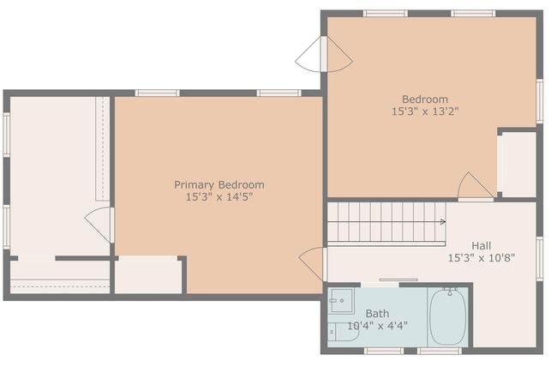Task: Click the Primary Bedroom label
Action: tap(219, 185)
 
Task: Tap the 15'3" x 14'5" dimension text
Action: tap(219, 197)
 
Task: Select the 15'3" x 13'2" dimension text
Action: tap(425, 111)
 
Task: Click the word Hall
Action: tap(482, 245)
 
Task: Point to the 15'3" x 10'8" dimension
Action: tap(481, 258)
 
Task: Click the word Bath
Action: tap(377, 314)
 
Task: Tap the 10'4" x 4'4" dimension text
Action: tap(377, 326)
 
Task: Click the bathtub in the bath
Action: tap(447, 316)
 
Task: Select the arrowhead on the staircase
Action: tap(443, 222)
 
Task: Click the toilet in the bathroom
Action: tap(343, 332)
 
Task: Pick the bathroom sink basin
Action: tap(341, 300)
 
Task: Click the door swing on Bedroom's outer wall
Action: tap(324, 54)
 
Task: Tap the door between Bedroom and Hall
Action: tap(476, 186)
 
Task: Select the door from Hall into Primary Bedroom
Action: tap(313, 264)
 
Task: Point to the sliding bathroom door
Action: tap(398, 280)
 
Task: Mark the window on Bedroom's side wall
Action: tap(539, 101)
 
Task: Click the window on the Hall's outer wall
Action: tap(539, 259)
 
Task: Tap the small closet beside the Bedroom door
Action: tap(518, 165)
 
